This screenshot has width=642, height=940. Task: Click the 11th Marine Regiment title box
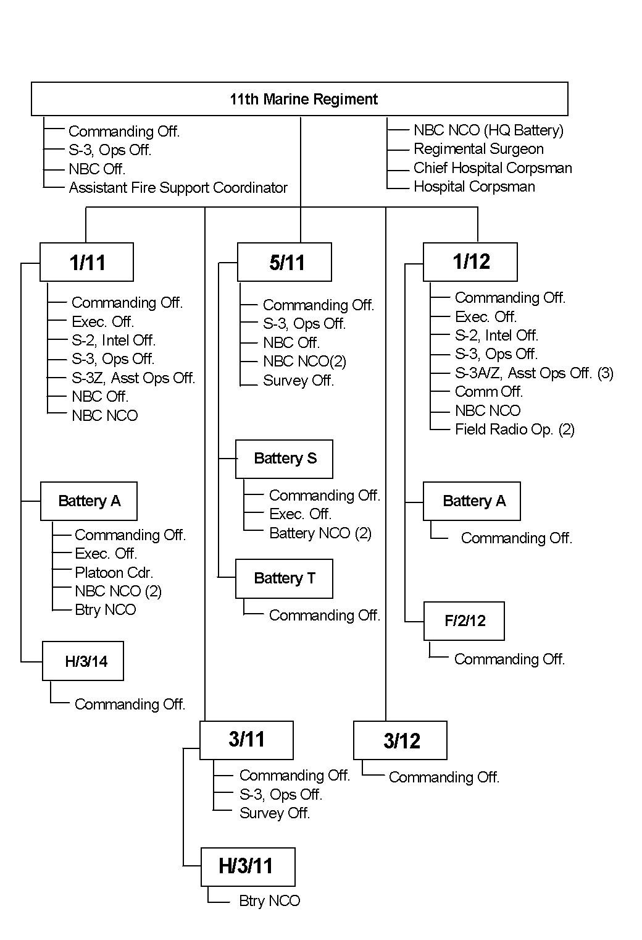[x=299, y=99]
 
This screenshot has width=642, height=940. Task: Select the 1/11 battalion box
[x=86, y=262]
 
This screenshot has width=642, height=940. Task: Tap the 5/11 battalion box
[x=285, y=262]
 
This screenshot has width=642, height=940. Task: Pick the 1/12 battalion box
[x=470, y=261]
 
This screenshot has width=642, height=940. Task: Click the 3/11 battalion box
[x=246, y=740]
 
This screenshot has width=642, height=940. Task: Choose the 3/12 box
[x=400, y=740]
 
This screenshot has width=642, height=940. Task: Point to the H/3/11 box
[x=248, y=866]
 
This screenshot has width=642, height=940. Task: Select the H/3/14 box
[x=83, y=661]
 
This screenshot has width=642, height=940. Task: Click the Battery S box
[x=284, y=459]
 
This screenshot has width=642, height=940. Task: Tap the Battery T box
[x=284, y=578]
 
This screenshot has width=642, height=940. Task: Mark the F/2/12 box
[x=464, y=621]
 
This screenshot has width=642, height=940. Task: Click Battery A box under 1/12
[x=472, y=501]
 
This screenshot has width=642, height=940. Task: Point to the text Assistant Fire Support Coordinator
[x=178, y=188]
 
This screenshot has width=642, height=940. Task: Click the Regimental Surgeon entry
[x=478, y=149]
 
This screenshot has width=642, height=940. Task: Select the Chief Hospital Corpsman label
[x=493, y=168]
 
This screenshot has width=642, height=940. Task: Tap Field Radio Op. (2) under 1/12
[x=514, y=430]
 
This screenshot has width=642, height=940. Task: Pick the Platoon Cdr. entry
[x=114, y=572]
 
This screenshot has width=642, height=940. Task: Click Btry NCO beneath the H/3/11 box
[x=269, y=901]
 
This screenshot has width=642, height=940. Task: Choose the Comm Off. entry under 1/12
[x=488, y=392]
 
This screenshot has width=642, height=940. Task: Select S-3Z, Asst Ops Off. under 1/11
[x=133, y=378]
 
